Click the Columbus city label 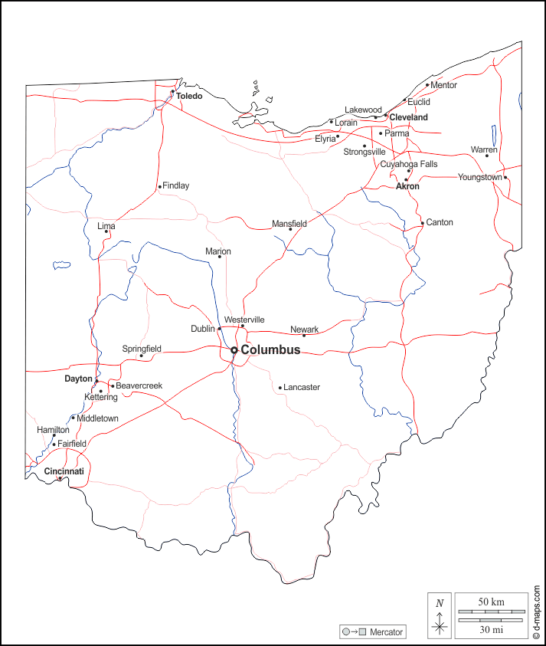click(270, 350)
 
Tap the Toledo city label click(189, 97)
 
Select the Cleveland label click(408, 117)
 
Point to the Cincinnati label click(64, 471)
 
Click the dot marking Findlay click(159, 186)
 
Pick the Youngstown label click(479, 177)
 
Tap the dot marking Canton click(422, 224)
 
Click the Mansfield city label click(289, 224)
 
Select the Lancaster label click(302, 388)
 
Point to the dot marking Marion click(219, 257)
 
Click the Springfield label click(142, 349)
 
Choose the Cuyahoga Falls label click(409, 164)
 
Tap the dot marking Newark click(303, 336)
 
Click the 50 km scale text click(491, 602)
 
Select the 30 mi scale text click(491, 630)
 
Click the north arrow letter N click(439, 603)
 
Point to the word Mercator click(386, 632)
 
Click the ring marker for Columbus click(234, 350)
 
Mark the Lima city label click(106, 226)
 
